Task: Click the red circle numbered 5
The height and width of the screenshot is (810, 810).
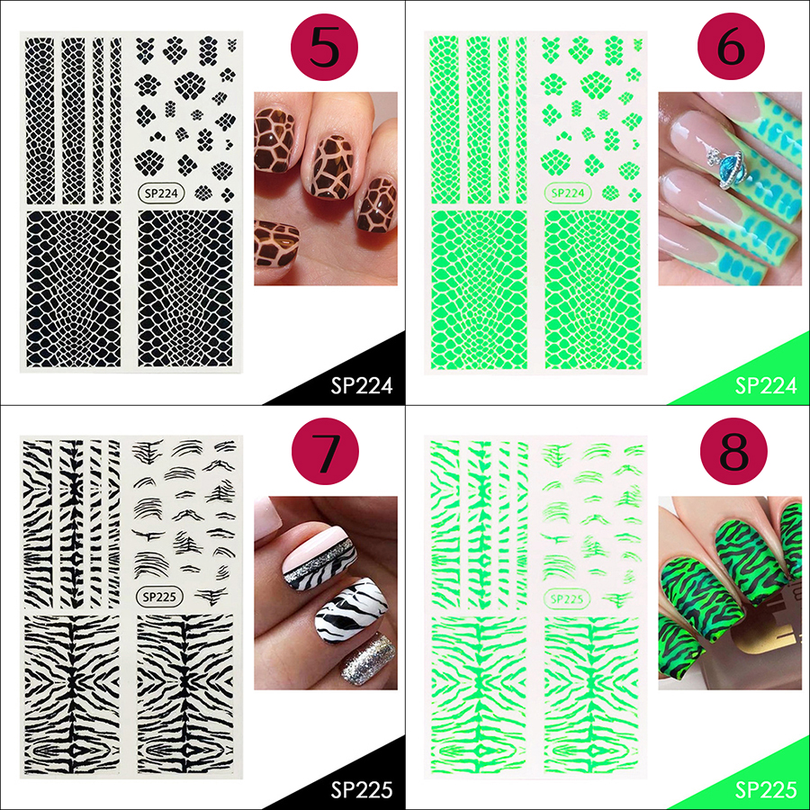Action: pyautogui.click(x=324, y=47)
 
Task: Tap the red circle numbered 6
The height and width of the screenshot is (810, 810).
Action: pyautogui.click(x=731, y=46)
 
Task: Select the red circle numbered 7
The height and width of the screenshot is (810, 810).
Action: pyautogui.click(x=325, y=451)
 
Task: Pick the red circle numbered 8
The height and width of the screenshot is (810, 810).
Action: pyautogui.click(x=733, y=451)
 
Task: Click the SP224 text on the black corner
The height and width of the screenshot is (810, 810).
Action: pyautogui.click(x=362, y=386)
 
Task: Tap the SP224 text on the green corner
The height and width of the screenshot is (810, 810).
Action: pyautogui.click(x=766, y=386)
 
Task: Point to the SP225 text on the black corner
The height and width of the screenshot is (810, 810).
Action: pyautogui.click(x=362, y=790)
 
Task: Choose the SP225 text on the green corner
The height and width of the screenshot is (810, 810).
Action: pyautogui.click(x=766, y=790)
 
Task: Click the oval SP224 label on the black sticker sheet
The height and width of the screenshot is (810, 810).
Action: pyautogui.click(x=161, y=193)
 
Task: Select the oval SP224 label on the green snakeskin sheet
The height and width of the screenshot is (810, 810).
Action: pyautogui.click(x=568, y=193)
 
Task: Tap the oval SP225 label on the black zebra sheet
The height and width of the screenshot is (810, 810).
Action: pyautogui.click(x=159, y=597)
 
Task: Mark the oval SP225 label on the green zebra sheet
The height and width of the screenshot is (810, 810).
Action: pyautogui.click(x=567, y=598)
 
